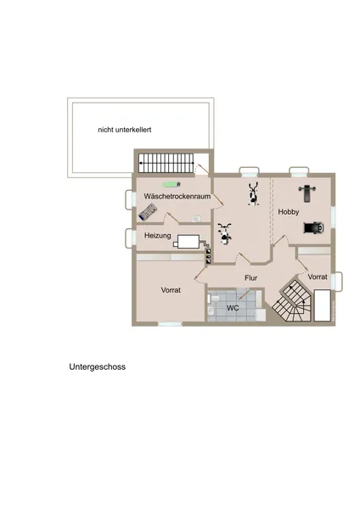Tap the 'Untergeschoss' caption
(x=98, y=368)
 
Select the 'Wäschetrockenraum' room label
(x=177, y=196)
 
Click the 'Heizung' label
(x=158, y=235)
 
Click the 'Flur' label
(x=251, y=277)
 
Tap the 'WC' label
(x=232, y=307)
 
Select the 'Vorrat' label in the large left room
(x=172, y=290)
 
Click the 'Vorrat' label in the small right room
(x=318, y=277)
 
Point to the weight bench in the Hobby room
(x=307, y=191)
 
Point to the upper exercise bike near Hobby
(x=252, y=194)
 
